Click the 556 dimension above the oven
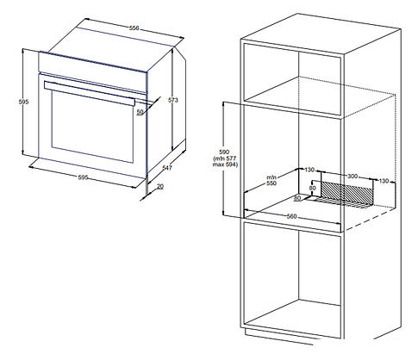tap(134, 28)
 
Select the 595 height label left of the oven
tap(23, 102)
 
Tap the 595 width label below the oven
tap(83, 177)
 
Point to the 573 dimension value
tap(173, 100)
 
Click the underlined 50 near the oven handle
tap(140, 112)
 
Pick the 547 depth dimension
tap(167, 168)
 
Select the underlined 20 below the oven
tap(160, 186)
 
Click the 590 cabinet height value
tap(224, 152)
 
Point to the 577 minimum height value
tap(231, 158)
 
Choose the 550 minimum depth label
tap(271, 183)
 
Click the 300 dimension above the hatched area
tap(352, 176)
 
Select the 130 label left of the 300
tap(309, 170)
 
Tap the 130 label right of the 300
tap(384, 181)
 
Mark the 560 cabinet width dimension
tap(291, 216)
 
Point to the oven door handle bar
tap(90, 94)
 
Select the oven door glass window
tap(92, 127)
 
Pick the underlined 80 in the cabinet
tap(297, 198)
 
